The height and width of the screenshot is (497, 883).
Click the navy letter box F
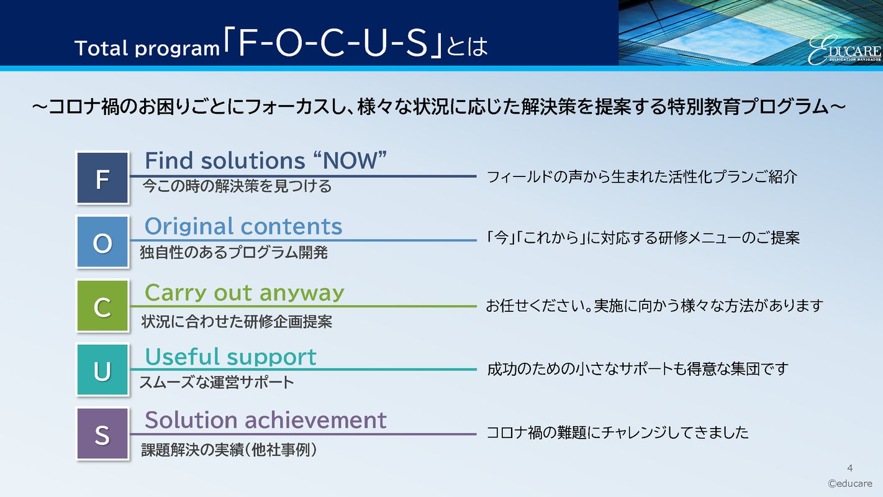(102, 178)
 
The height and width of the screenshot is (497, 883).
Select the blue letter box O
(102, 242)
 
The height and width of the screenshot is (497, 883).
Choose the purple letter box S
(102, 434)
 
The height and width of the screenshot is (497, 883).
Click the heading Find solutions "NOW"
(266, 161)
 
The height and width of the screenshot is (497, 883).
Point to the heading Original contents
(243, 226)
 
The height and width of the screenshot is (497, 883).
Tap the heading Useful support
(230, 357)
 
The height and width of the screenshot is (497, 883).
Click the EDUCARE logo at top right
(844, 50)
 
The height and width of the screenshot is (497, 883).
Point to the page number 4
(850, 468)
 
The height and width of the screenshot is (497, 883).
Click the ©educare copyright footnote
(849, 483)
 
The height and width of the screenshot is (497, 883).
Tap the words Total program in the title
(147, 48)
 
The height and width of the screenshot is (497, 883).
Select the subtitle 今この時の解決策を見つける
(237, 186)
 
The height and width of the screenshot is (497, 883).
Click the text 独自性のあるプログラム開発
(233, 253)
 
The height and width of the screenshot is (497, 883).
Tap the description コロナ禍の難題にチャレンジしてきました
(617, 432)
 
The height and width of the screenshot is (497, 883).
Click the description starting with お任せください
(654, 306)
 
